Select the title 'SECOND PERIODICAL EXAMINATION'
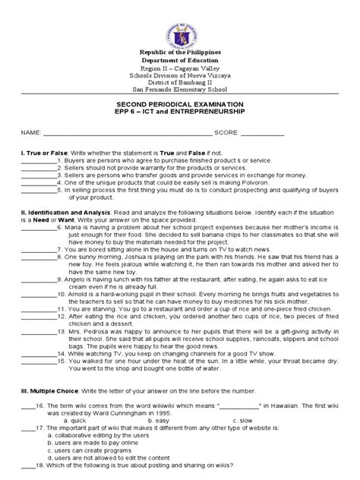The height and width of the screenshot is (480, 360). [x=180, y=103]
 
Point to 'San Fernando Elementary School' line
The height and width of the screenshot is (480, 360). [x=179, y=89]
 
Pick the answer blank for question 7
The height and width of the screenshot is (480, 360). [x=36, y=249]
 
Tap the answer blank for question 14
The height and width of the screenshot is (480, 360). [x=36, y=354]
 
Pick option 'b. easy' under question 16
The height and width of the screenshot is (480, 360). [x=158, y=419]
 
